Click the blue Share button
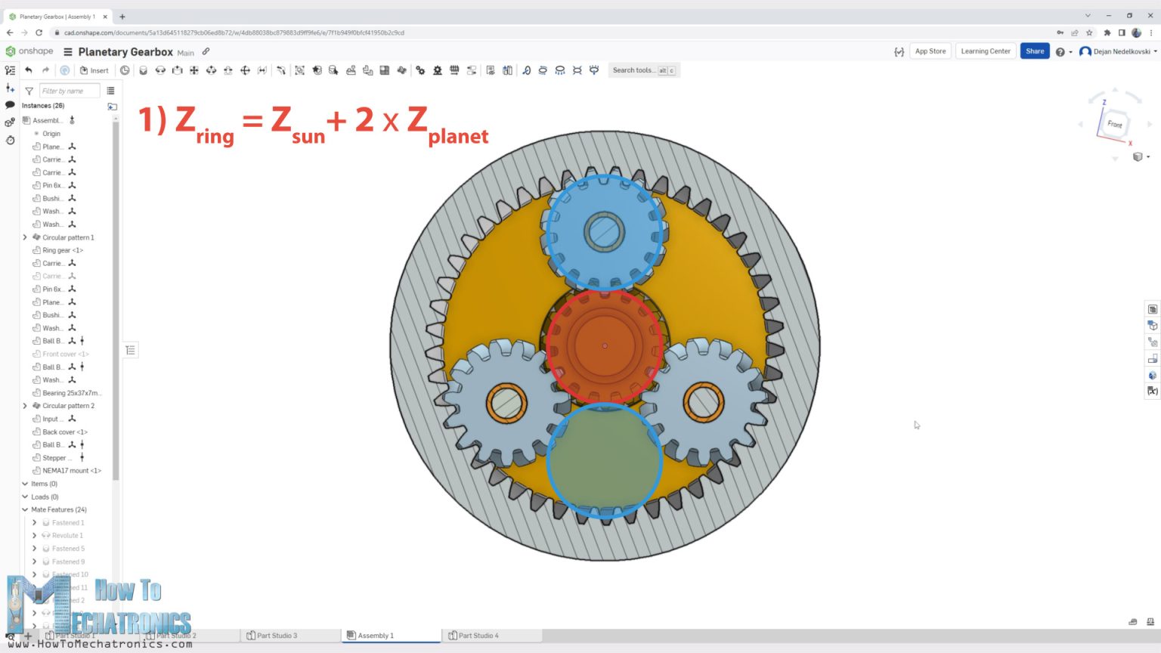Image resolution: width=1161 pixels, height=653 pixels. click(x=1034, y=51)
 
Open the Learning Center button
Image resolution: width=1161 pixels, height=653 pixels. click(x=985, y=51)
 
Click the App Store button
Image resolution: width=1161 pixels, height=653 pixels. click(x=930, y=51)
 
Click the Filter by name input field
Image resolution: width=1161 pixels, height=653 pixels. click(x=69, y=91)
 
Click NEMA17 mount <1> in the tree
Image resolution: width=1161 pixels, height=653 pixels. click(x=72, y=471)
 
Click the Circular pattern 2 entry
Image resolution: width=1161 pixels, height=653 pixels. click(x=68, y=406)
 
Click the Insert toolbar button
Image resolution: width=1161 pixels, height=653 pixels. click(x=94, y=70)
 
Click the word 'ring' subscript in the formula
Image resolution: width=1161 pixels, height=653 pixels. click(x=215, y=136)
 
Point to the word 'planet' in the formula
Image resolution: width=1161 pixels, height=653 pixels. click(x=458, y=136)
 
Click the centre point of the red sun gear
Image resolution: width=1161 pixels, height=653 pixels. click(x=605, y=345)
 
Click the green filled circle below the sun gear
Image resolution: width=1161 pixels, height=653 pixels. click(x=605, y=461)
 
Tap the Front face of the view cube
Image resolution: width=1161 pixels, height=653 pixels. click(x=1114, y=124)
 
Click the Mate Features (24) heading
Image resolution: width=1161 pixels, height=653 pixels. click(x=58, y=509)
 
